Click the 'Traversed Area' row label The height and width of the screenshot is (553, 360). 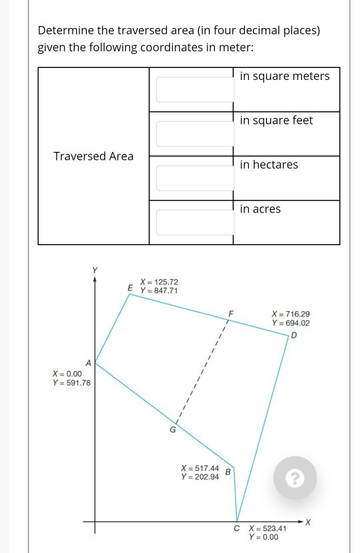point(93,156)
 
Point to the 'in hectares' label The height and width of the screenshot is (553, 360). point(269,165)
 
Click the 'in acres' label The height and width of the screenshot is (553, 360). point(260,209)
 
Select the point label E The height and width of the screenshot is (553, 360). point(130,287)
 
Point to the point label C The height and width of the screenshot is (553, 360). point(237,528)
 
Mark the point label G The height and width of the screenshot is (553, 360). point(173,430)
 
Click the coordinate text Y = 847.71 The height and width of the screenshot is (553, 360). point(159,291)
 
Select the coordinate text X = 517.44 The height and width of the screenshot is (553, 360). point(200,468)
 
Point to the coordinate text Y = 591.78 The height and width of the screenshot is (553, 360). point(71,383)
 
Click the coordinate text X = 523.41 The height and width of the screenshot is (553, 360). point(267,528)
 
